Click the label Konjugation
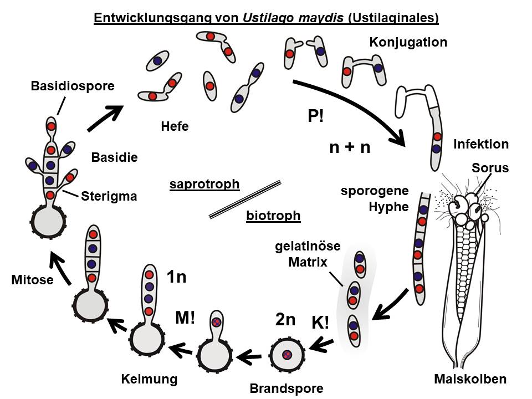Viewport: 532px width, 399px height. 408,42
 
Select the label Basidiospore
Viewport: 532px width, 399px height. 73,86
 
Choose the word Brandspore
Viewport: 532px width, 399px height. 286,387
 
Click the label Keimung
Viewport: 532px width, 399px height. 149,379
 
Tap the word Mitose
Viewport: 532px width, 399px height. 32,280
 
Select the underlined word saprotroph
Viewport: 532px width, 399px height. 204,184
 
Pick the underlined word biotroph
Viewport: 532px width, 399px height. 273,215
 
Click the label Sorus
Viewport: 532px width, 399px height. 490,168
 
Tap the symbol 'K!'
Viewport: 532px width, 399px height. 320,323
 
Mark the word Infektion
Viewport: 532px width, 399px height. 480,144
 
